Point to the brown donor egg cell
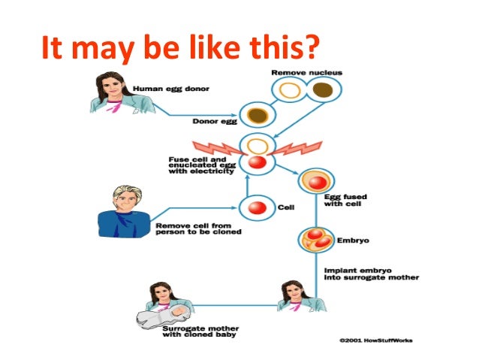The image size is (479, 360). pos(259,116)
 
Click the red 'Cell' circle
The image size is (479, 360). pos(258,207)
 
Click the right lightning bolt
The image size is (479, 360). pos(300,148)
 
